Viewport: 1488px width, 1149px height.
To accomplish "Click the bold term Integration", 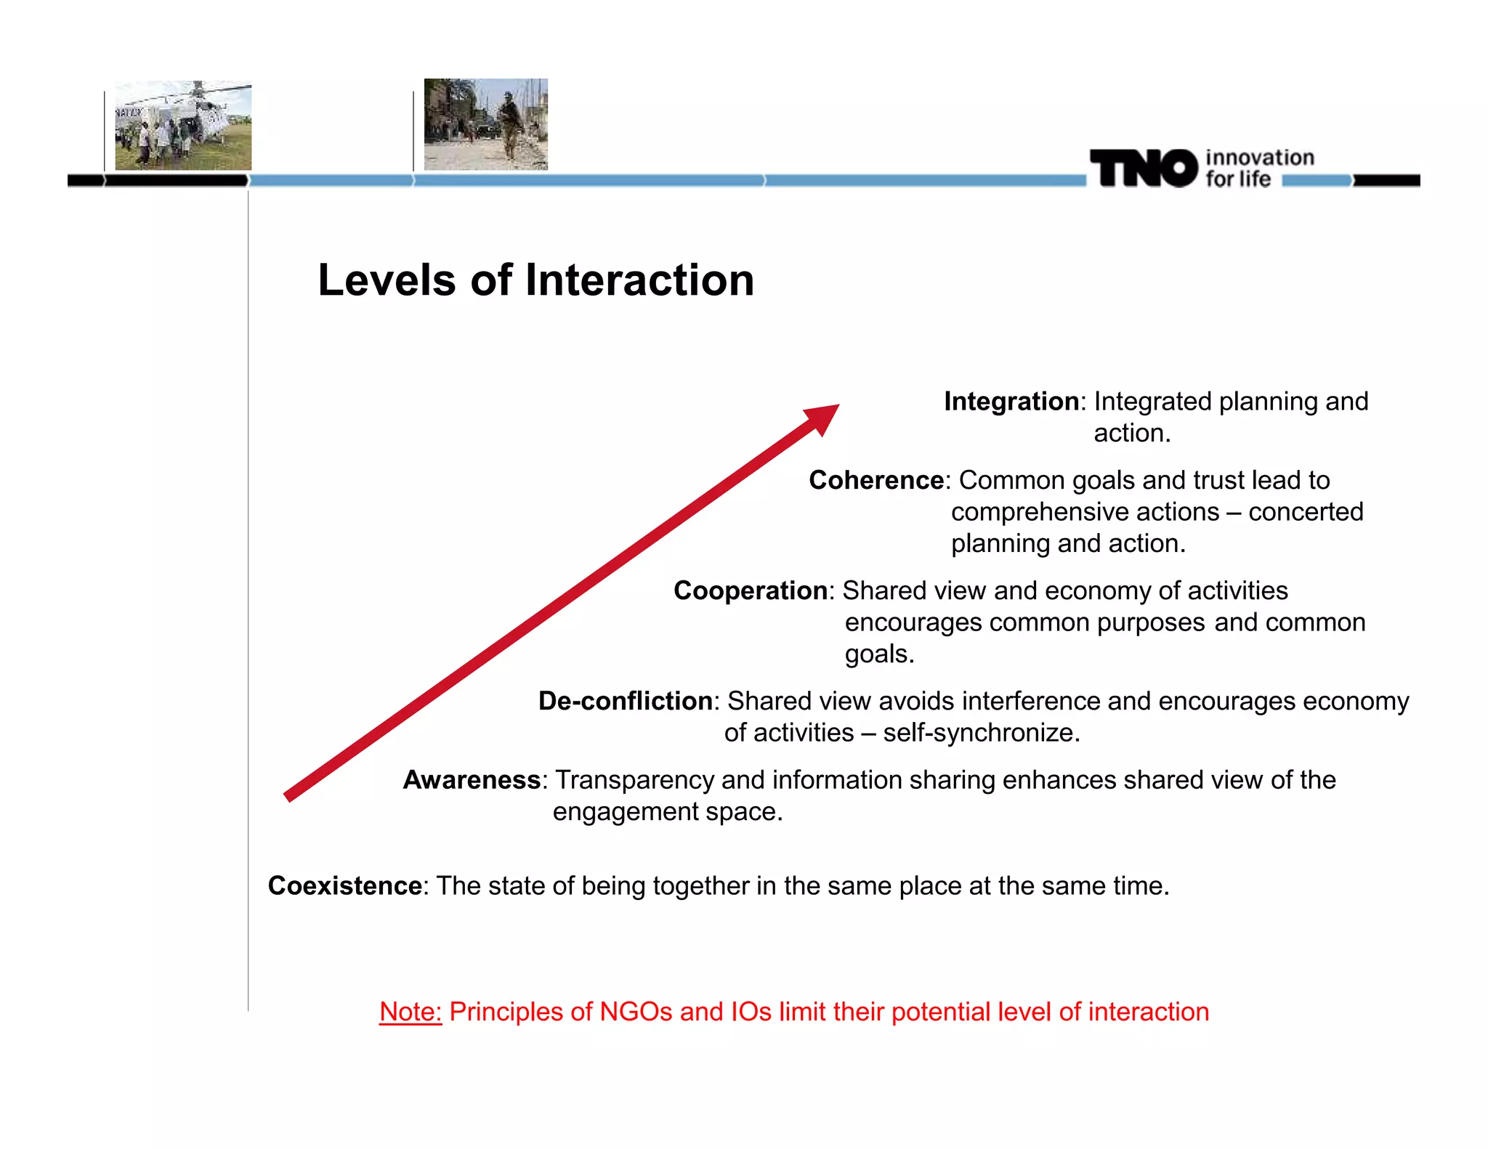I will coord(1011,402).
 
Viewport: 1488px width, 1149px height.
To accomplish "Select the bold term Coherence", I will coord(876,481).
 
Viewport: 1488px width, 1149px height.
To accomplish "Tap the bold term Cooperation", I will coord(750,591).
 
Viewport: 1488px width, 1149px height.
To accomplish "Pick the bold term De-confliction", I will coord(625,702).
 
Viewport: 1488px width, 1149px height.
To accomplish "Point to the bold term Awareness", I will coord(472,780).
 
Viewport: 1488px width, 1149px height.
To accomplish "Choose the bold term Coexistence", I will coord(344,886).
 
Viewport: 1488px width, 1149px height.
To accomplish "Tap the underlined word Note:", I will coord(411,1012).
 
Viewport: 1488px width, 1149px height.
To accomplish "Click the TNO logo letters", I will coord(1143,169).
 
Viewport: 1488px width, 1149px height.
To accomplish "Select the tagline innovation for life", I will coord(1258,169).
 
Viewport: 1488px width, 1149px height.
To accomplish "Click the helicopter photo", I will coord(183,126).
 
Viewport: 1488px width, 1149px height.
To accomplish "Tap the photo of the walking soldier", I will coord(485,124).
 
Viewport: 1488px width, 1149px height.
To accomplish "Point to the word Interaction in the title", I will coord(639,280).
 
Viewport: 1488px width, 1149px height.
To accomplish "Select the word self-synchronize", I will coord(981,733).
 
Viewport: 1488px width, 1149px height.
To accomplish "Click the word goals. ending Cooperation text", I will coord(879,655).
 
